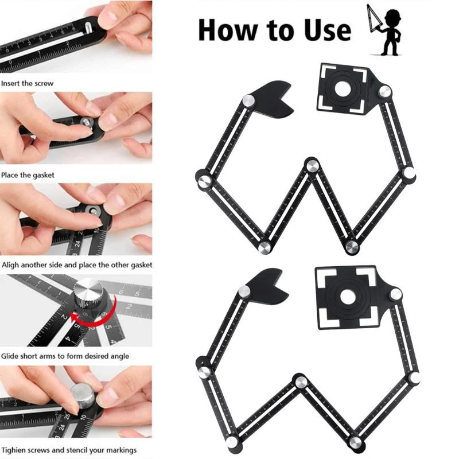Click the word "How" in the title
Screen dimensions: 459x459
pyautogui.click(x=227, y=30)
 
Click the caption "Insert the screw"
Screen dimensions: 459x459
pyautogui.click(x=27, y=83)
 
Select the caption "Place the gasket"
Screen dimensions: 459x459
pyautogui.click(x=28, y=175)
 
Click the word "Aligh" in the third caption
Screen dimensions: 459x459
pyautogui.click(x=10, y=265)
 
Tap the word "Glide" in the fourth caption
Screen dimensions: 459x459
pyautogui.click(x=10, y=356)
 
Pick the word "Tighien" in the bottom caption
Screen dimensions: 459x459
pyautogui.click(x=13, y=450)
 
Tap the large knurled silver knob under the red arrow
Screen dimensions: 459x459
pyautogui.click(x=88, y=294)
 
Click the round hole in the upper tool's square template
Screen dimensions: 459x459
pyautogui.click(x=343, y=90)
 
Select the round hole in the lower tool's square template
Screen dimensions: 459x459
pyautogui.click(x=348, y=297)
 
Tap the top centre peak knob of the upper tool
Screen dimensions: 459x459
pyautogui.click(x=313, y=166)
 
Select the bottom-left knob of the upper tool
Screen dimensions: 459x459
pyautogui.click(x=265, y=248)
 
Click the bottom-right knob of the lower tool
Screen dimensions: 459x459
pyautogui.click(x=355, y=442)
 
